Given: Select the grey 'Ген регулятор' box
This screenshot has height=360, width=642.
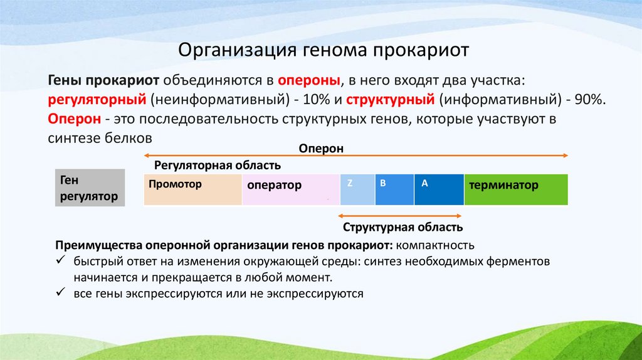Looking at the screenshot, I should click(x=90, y=189).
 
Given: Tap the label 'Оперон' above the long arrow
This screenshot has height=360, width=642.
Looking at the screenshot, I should click(x=321, y=148).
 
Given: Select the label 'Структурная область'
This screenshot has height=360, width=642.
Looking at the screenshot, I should click(x=403, y=227).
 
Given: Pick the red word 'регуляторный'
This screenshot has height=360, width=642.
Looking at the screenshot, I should click(x=97, y=100).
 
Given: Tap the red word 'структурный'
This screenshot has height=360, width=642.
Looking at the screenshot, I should click(x=391, y=100).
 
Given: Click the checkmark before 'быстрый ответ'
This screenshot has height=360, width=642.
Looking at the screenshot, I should click(x=61, y=260).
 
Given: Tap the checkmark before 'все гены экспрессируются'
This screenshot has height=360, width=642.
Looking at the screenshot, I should click(x=61, y=293).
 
